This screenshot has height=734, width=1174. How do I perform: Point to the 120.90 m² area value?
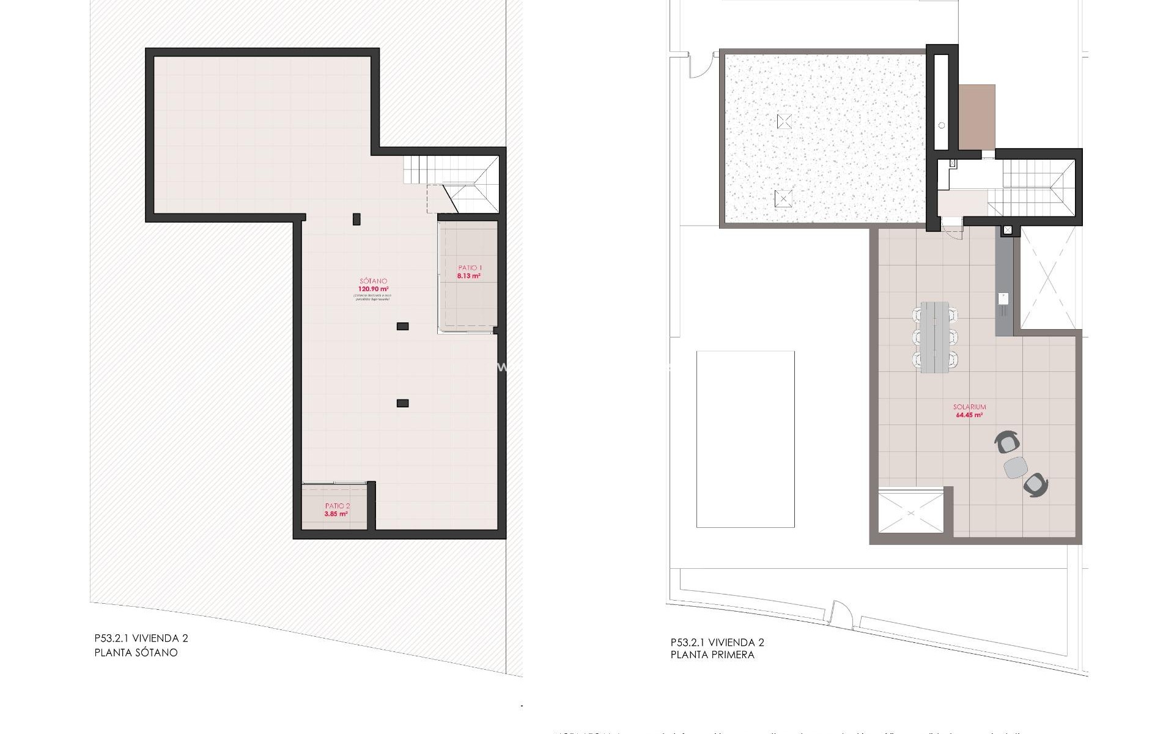click(x=374, y=289)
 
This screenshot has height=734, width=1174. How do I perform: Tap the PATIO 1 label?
click(x=470, y=268)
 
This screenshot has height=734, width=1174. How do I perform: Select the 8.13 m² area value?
click(x=468, y=276)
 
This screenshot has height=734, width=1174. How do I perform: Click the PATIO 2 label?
click(x=338, y=506)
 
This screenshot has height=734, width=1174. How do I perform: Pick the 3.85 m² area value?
click(x=336, y=514)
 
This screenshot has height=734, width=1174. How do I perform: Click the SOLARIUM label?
click(x=969, y=407)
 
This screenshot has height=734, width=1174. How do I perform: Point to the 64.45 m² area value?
click(x=969, y=415)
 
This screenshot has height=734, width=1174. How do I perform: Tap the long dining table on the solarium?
click(x=935, y=336)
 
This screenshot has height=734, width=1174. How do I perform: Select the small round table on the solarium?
click(x=1016, y=468)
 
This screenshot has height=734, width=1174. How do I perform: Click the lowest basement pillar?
click(x=402, y=403)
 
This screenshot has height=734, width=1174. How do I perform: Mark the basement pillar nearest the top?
click(x=356, y=218)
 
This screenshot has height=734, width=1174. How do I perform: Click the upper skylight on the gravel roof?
click(x=784, y=121)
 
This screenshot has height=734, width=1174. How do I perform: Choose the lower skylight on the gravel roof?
click(x=783, y=199)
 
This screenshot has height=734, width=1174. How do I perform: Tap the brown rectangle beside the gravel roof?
click(x=976, y=116)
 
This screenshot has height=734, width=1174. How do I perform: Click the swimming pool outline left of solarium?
click(x=745, y=439)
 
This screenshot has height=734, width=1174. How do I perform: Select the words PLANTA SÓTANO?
click(x=136, y=653)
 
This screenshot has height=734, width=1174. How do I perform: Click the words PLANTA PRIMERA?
click(x=712, y=654)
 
